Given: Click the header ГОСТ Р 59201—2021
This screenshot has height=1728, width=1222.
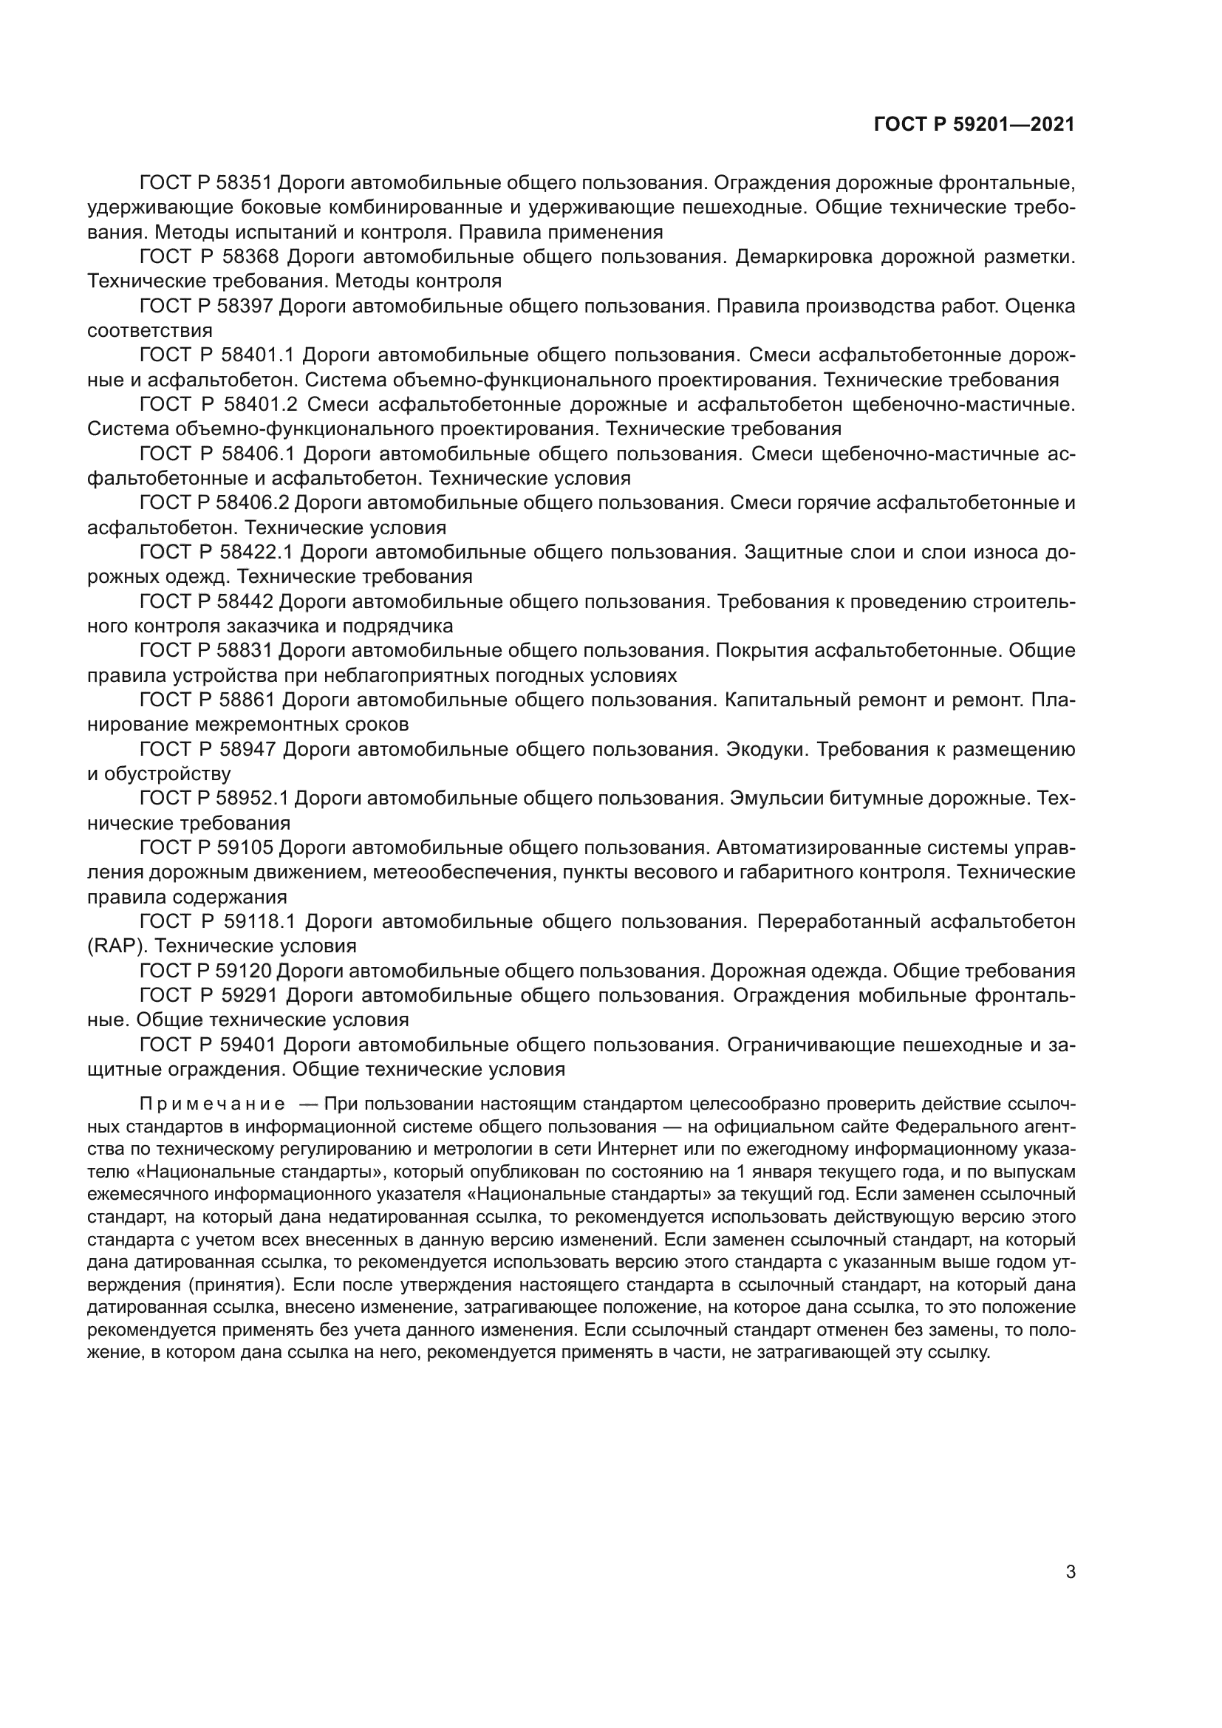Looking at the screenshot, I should [x=974, y=124].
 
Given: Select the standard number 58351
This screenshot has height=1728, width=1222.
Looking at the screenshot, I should [x=248, y=183].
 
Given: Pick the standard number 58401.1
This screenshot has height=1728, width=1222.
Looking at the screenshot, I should [x=257, y=355].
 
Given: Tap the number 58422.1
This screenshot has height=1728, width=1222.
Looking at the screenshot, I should [x=256, y=553].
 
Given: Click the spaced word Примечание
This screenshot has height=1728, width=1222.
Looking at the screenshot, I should [x=212, y=1104].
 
